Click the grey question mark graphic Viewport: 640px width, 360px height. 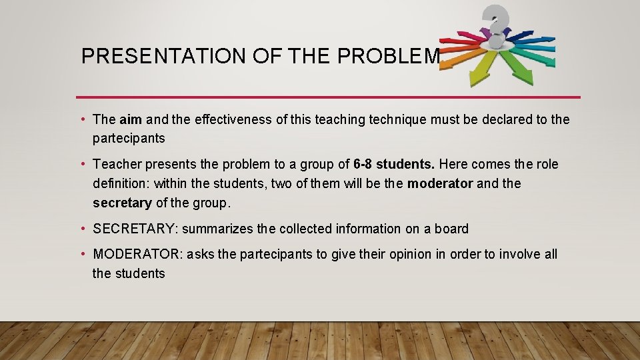[x=495, y=23]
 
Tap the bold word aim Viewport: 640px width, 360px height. [x=131, y=119]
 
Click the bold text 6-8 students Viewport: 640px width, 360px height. [x=391, y=164]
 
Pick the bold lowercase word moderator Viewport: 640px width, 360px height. [x=440, y=183]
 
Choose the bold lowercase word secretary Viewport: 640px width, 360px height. [x=122, y=203]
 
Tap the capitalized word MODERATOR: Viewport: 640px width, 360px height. [x=138, y=254]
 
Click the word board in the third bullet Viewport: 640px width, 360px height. [x=451, y=229]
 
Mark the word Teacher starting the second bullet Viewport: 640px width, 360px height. [x=115, y=164]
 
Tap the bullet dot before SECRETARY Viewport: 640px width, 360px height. [x=84, y=229]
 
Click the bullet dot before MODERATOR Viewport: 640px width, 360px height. [x=84, y=254]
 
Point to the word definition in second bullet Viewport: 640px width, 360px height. [x=121, y=183]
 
